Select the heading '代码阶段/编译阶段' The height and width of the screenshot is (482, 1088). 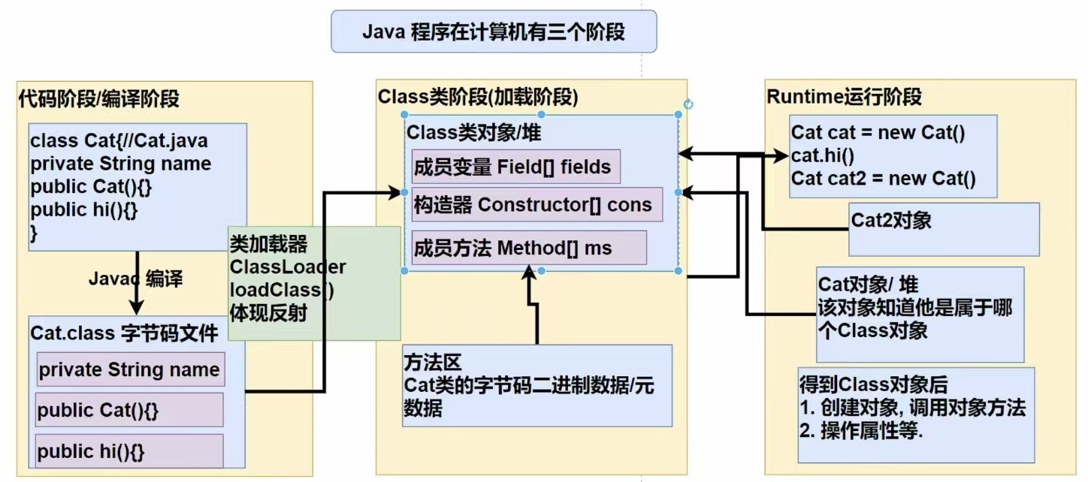98,98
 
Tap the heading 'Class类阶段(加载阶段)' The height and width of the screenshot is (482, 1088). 477,96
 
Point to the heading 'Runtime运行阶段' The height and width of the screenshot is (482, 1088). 844,97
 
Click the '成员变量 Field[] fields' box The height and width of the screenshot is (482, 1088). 515,167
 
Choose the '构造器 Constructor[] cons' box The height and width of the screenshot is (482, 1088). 536,204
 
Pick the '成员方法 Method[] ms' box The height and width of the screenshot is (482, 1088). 528,248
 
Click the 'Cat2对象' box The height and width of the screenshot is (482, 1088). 943,229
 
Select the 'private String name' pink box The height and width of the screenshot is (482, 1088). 130,369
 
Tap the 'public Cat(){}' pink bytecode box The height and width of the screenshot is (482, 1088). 128,411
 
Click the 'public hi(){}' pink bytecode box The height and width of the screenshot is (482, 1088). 128,452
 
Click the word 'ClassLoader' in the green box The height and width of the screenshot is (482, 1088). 288,267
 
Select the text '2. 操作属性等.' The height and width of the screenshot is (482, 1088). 861,432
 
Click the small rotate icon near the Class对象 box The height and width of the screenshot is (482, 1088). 688,105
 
